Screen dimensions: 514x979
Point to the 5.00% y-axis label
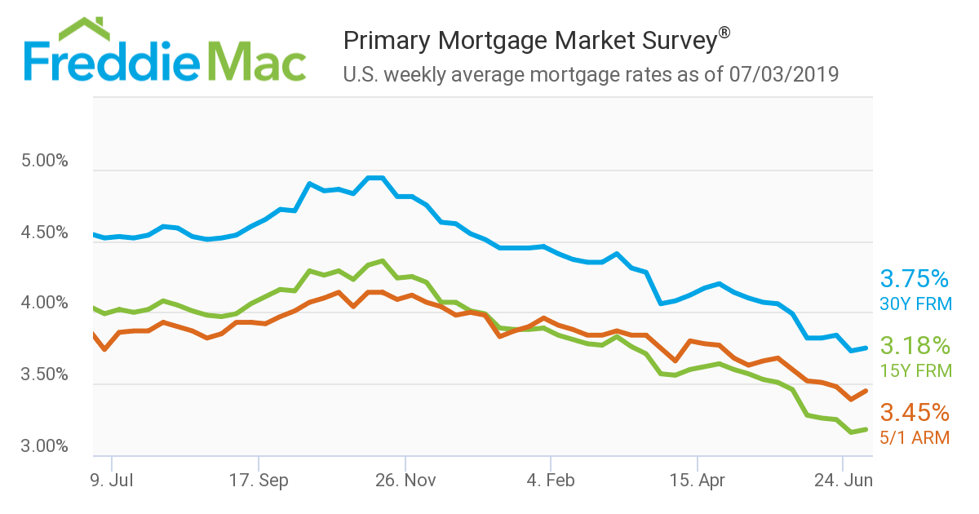tap(45, 161)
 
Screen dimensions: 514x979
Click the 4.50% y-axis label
tap(45, 233)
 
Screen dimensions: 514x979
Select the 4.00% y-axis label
tap(45, 304)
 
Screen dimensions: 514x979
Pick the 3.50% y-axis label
tap(45, 375)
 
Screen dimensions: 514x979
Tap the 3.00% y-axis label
tap(45, 446)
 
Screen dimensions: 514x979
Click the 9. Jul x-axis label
tap(111, 481)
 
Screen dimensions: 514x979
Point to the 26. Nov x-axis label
tap(405, 481)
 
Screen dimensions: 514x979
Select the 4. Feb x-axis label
tap(551, 481)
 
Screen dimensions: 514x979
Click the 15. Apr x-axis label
tap(698, 481)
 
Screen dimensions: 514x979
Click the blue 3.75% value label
tap(914, 279)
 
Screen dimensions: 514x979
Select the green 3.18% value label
tap(915, 345)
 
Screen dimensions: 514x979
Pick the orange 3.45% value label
tap(914, 412)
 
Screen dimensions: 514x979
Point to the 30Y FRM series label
tap(915, 304)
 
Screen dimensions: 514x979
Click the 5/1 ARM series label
tap(915, 438)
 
